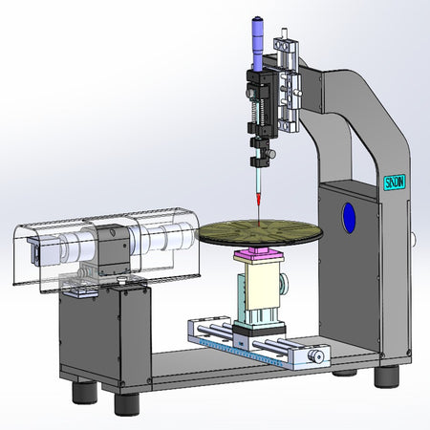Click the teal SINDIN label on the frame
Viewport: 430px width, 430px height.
(x=393, y=182)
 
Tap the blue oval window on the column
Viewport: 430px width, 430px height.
(x=349, y=216)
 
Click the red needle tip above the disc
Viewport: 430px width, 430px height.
(x=257, y=198)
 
